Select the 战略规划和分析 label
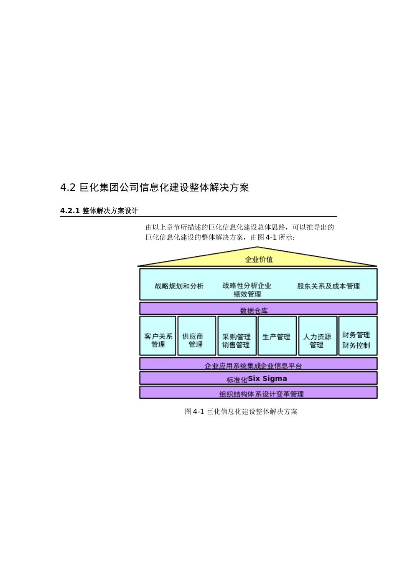[179, 286]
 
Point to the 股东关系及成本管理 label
[328, 286]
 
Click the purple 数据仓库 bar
[258, 309]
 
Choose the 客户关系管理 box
[158, 336]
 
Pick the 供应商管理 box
[197, 336]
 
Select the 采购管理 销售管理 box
[237, 336]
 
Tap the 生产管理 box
[277, 336]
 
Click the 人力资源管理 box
[317, 336]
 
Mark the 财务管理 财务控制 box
[357, 336]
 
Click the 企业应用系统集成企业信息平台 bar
[258, 364]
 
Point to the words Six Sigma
[267, 379]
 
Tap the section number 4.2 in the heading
[68, 188]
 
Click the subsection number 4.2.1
[70, 211]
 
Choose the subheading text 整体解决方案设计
[110, 211]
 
